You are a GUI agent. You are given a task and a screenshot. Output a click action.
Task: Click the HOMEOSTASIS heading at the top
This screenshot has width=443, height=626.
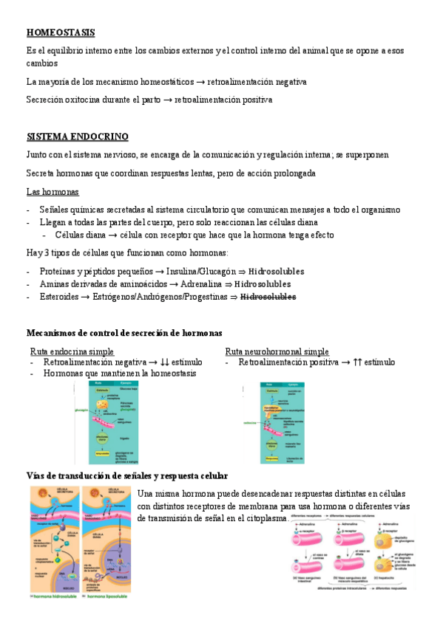(60, 32)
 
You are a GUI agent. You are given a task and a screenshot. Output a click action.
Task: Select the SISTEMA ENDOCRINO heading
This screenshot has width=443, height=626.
(77, 137)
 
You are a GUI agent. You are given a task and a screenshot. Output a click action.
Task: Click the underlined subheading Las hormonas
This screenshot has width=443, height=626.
(52, 192)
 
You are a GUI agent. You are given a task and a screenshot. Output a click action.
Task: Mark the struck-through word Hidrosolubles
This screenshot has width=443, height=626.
(267, 297)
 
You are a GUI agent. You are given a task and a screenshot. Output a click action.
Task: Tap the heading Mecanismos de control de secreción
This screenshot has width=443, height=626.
(124, 333)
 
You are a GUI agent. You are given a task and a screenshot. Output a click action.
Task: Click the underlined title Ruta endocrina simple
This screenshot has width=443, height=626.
(72, 351)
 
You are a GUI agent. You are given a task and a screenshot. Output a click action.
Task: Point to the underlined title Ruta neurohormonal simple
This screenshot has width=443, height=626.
(277, 351)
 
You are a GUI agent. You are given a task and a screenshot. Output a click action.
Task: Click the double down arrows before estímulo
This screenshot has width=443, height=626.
(165, 362)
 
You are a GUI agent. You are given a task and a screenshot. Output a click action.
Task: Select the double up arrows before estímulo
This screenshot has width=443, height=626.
(359, 362)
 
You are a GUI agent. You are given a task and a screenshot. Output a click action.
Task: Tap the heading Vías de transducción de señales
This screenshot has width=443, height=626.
(126, 475)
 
